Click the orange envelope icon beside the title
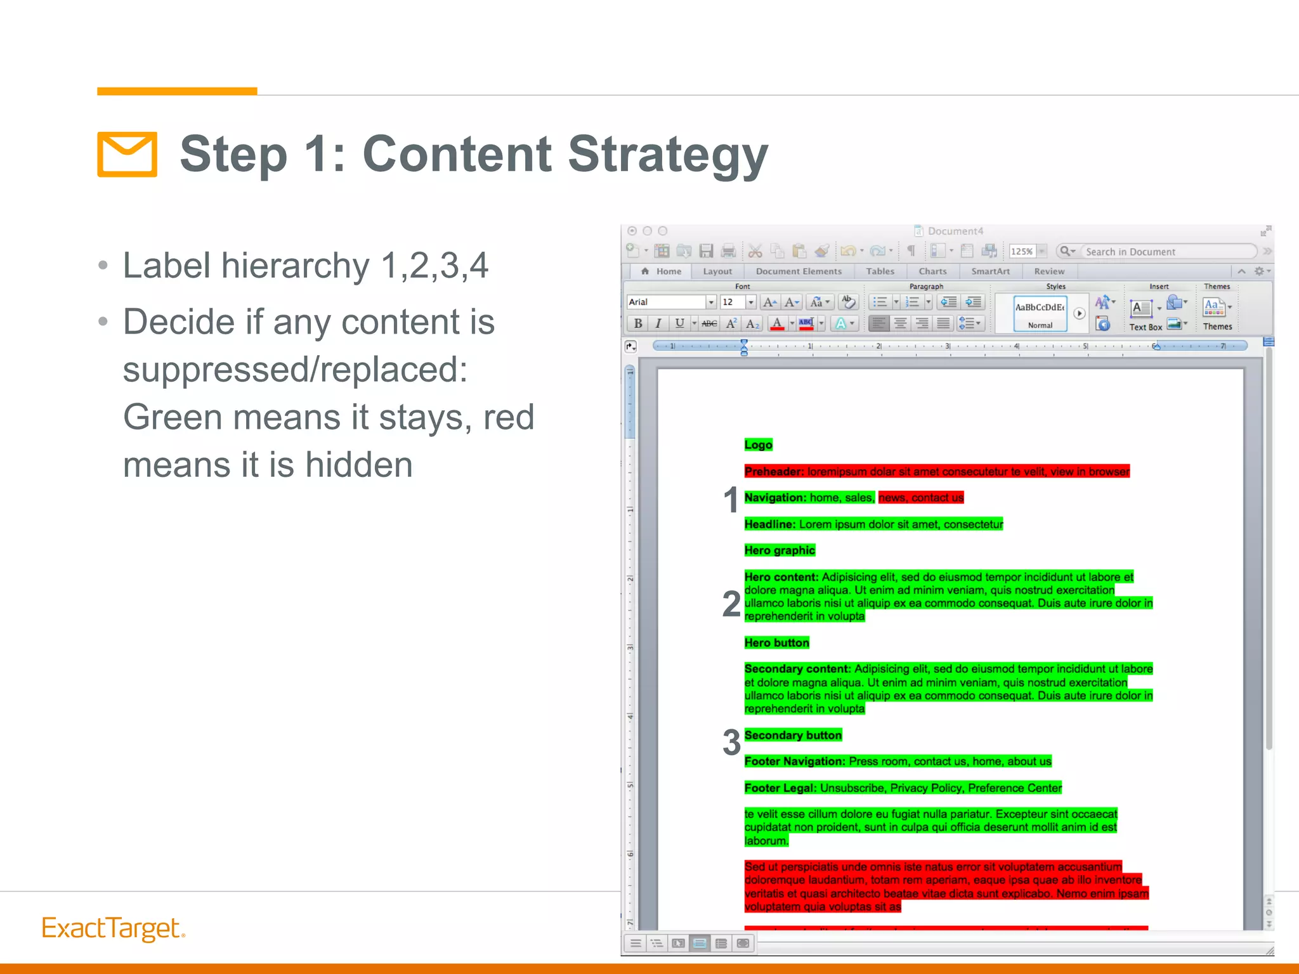click(x=127, y=154)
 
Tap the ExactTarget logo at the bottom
click(x=113, y=928)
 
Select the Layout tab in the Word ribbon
click(x=717, y=271)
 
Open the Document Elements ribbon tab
click(x=799, y=271)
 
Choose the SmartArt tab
click(x=990, y=271)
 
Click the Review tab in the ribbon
click(x=1049, y=271)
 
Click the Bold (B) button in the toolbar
click(x=638, y=323)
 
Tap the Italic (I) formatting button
click(x=658, y=323)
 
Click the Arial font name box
click(x=666, y=302)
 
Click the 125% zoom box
click(x=1022, y=252)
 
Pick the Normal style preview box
click(x=1040, y=313)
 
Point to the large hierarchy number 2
click(x=731, y=604)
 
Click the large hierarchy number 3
click(x=731, y=742)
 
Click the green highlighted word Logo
click(x=758, y=445)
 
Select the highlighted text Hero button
click(x=776, y=643)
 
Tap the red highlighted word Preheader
click(x=774, y=472)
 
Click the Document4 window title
click(x=955, y=231)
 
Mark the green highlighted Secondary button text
click(x=793, y=736)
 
